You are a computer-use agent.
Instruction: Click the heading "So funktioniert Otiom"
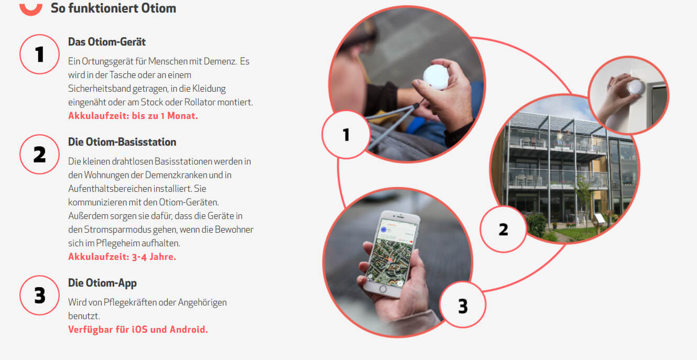pyautogui.click(x=113, y=8)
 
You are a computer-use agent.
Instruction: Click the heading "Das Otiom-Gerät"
pyautogui.click(x=107, y=42)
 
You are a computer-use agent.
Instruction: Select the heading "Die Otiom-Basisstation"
pyautogui.click(x=122, y=142)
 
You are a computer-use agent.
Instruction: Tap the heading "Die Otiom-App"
pyautogui.click(x=102, y=283)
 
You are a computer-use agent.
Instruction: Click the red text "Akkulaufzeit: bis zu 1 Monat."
pyautogui.click(x=133, y=116)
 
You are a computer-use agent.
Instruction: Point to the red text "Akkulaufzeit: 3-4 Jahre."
pyautogui.click(x=122, y=257)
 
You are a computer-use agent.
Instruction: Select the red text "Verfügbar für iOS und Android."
pyautogui.click(x=138, y=330)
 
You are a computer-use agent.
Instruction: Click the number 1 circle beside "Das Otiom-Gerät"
pyautogui.click(x=39, y=54)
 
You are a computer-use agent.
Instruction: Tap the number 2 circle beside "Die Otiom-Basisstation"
pyautogui.click(x=39, y=155)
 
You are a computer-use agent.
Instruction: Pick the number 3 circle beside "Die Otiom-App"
pyautogui.click(x=39, y=295)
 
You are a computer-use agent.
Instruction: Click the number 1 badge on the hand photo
pyautogui.click(x=346, y=135)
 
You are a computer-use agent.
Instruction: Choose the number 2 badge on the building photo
pyautogui.click(x=503, y=230)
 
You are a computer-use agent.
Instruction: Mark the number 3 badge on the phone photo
pyautogui.click(x=463, y=305)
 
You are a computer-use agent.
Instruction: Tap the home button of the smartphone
pyautogui.click(x=383, y=289)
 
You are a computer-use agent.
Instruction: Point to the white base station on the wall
pyautogui.click(x=635, y=87)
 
